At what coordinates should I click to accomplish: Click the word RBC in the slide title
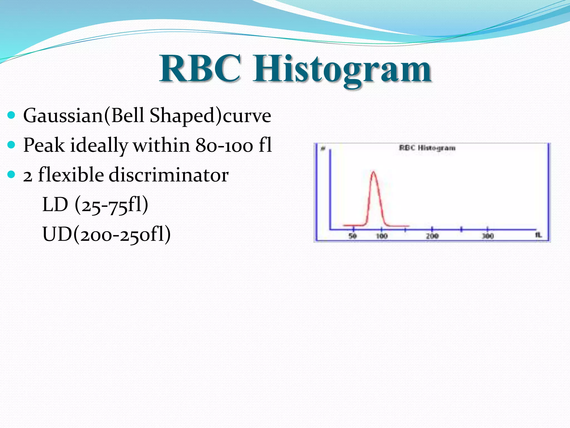click(x=200, y=69)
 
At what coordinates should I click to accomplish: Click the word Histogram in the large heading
click(x=342, y=70)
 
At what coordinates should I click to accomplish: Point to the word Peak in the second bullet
click(x=44, y=145)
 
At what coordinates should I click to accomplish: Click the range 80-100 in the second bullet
click(x=224, y=145)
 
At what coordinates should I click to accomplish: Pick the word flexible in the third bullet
click(x=71, y=175)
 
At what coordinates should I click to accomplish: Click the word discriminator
click(x=169, y=175)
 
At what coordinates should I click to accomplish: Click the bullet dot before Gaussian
click(x=11, y=115)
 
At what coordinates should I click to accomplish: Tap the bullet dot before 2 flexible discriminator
click(x=11, y=174)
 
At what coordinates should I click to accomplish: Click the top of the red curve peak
click(x=373, y=172)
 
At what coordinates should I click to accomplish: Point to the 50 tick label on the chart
click(x=353, y=236)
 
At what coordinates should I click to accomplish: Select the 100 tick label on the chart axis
click(x=382, y=236)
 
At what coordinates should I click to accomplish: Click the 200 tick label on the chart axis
click(x=432, y=236)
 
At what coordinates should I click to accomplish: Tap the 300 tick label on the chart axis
click(x=488, y=236)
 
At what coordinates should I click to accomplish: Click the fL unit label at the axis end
click(x=539, y=235)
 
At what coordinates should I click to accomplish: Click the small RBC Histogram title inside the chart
click(x=427, y=148)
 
